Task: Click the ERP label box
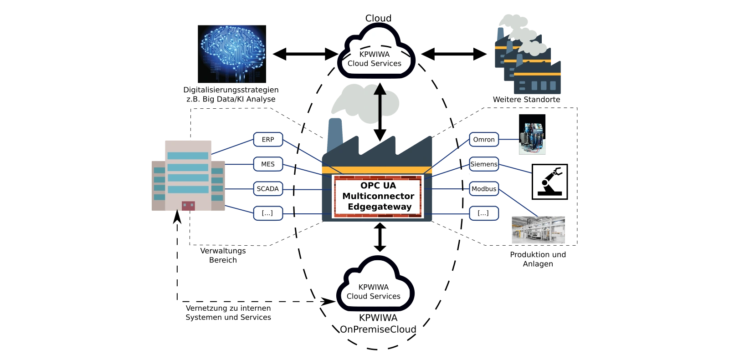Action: tap(268, 140)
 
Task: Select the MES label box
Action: tap(268, 164)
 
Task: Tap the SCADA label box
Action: tap(268, 189)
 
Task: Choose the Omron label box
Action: tap(484, 140)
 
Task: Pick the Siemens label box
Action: tap(484, 164)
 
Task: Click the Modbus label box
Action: tap(484, 189)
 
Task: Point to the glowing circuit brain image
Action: tap(231, 53)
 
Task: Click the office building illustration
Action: tap(188, 175)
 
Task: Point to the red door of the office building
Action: tap(188, 206)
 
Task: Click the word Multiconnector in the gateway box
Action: tap(378, 196)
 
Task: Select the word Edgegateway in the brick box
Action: tap(380, 207)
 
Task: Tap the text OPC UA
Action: tap(378, 186)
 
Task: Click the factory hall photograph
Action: tap(538, 229)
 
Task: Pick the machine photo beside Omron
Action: tap(532, 135)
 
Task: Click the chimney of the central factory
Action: tap(334, 134)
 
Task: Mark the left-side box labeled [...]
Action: tap(268, 213)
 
